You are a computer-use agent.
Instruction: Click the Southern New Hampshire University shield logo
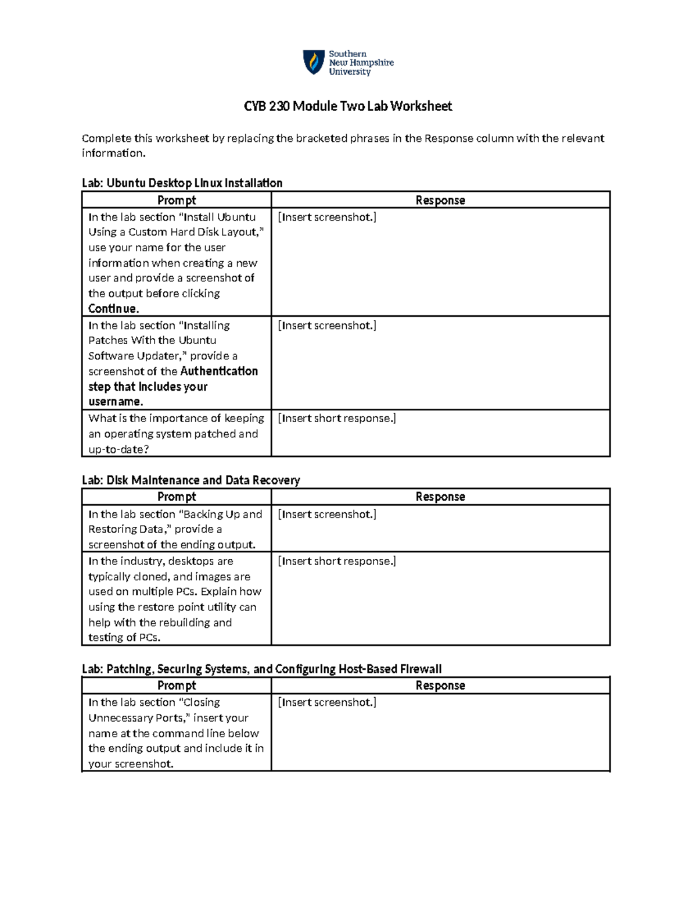point(314,62)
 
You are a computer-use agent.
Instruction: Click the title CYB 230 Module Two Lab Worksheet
point(347,106)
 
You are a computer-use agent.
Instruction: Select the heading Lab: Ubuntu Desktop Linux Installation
point(182,183)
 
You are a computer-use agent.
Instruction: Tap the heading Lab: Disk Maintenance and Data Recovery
point(191,480)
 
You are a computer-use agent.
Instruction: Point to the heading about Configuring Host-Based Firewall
point(261,669)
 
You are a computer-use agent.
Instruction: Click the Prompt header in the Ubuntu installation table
point(177,200)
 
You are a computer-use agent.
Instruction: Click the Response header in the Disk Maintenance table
point(440,497)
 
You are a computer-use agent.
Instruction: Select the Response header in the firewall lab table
point(440,686)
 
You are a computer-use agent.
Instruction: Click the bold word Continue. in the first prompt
point(113,309)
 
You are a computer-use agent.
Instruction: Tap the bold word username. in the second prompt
point(116,402)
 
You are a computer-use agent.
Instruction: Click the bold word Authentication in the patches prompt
point(219,371)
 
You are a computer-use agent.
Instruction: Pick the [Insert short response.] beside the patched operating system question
point(337,419)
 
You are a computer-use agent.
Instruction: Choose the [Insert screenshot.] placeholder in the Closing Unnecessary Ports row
point(327,702)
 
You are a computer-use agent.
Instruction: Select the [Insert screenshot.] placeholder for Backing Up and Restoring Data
point(327,515)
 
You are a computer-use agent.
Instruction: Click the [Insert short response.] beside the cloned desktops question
point(337,561)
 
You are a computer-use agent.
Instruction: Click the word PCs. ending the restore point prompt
point(149,638)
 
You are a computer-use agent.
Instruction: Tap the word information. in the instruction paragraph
point(113,154)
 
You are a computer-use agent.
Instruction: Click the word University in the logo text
point(350,72)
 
